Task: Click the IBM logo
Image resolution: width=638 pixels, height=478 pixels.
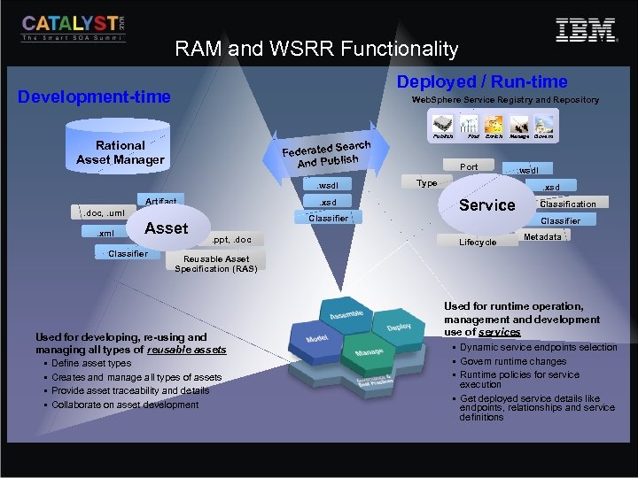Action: pyautogui.click(x=586, y=31)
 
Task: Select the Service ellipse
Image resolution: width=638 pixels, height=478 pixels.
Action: pyautogui.click(x=486, y=204)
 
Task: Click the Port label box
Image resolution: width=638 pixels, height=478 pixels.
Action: pyautogui.click(x=469, y=166)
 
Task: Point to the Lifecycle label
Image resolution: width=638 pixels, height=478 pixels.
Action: pyautogui.click(x=478, y=242)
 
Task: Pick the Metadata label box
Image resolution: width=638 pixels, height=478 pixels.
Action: pyautogui.click(x=542, y=237)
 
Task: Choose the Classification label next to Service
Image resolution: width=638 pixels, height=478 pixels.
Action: pyautogui.click(x=568, y=204)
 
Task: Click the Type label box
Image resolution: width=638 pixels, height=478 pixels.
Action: pyautogui.click(x=427, y=183)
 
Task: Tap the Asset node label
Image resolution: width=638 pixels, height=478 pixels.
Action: pyautogui.click(x=166, y=228)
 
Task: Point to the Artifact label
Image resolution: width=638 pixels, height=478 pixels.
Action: pyautogui.click(x=160, y=201)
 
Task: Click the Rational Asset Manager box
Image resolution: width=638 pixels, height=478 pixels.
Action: pyautogui.click(x=121, y=152)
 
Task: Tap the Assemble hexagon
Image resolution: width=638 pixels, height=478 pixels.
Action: pyautogui.click(x=346, y=315)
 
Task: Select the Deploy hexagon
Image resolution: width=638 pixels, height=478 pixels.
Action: pyautogui.click(x=398, y=327)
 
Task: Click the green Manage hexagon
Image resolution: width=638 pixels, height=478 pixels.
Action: pyautogui.click(x=369, y=352)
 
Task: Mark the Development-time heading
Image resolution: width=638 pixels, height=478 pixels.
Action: pyautogui.click(x=95, y=96)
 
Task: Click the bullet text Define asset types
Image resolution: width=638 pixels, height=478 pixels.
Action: pyautogui.click(x=91, y=364)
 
